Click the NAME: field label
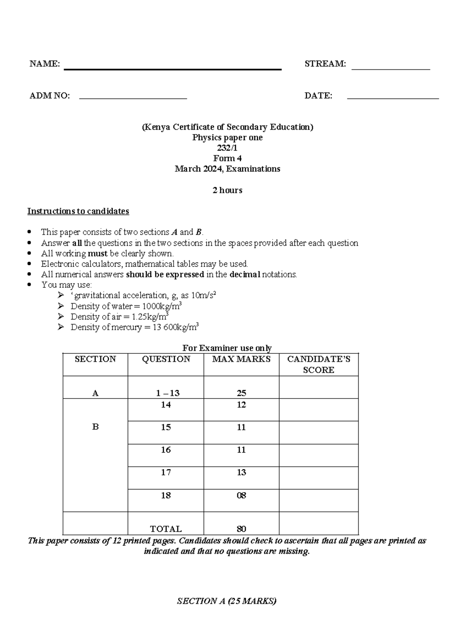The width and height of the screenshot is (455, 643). point(45,64)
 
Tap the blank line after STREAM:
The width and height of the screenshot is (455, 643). point(391,69)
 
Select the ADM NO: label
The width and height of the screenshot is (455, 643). point(50,96)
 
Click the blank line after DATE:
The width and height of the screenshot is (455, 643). point(393,98)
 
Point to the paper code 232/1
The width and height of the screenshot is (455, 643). point(227,148)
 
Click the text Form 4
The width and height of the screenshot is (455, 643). point(227,158)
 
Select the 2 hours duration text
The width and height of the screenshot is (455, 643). point(227,190)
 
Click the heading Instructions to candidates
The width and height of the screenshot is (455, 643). point(78,211)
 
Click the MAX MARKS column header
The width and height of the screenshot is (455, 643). point(241,359)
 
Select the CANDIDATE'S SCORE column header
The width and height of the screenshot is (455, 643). point(318,364)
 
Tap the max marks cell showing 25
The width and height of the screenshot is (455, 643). point(241,393)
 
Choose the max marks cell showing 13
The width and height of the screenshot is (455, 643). point(241,472)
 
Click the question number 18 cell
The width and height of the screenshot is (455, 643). point(166,496)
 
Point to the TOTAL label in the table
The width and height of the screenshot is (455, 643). point(166,529)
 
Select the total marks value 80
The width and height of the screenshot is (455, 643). point(241,529)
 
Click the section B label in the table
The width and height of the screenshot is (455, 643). point(95,427)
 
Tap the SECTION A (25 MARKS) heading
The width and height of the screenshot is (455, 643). point(227,601)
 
